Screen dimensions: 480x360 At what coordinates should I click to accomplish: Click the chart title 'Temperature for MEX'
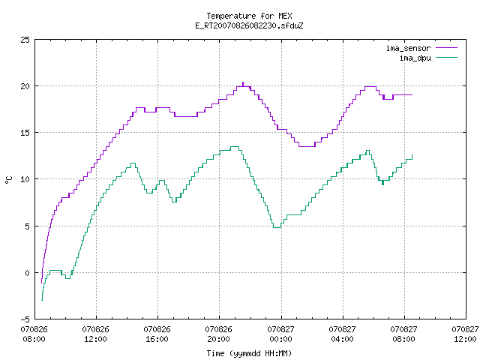(x=249, y=16)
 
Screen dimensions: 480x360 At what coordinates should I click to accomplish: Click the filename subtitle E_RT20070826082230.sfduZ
(x=249, y=25)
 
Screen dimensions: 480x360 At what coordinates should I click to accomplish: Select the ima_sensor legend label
(x=408, y=48)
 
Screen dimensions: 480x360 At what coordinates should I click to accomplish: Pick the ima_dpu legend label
(x=415, y=58)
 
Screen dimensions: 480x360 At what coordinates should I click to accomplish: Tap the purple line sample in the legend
(x=447, y=48)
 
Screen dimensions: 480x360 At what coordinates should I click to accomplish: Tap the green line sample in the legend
(x=447, y=57)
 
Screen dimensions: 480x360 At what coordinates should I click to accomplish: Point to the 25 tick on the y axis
(x=25, y=40)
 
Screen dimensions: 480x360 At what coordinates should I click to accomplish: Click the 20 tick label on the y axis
(x=25, y=86)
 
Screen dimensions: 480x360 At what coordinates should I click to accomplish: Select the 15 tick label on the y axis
(x=25, y=133)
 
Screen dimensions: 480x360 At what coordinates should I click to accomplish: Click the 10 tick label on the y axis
(x=25, y=179)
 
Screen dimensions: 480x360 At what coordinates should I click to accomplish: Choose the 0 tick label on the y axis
(x=28, y=273)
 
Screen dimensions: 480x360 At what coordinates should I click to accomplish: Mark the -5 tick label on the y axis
(x=25, y=319)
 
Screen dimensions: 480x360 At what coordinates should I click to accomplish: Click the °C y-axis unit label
(x=9, y=180)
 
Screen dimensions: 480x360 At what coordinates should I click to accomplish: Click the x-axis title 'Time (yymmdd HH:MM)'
(x=249, y=353)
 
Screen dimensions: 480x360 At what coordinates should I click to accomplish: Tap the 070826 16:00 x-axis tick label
(x=157, y=334)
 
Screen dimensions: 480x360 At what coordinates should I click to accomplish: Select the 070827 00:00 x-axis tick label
(x=280, y=334)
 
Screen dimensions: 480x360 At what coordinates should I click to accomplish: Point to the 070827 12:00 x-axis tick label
(x=465, y=334)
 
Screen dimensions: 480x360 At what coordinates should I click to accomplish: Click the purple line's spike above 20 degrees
(x=243, y=83)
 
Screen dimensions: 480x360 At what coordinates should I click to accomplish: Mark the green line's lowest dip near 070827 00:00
(x=277, y=227)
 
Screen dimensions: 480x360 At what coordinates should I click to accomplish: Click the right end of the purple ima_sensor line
(x=412, y=95)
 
